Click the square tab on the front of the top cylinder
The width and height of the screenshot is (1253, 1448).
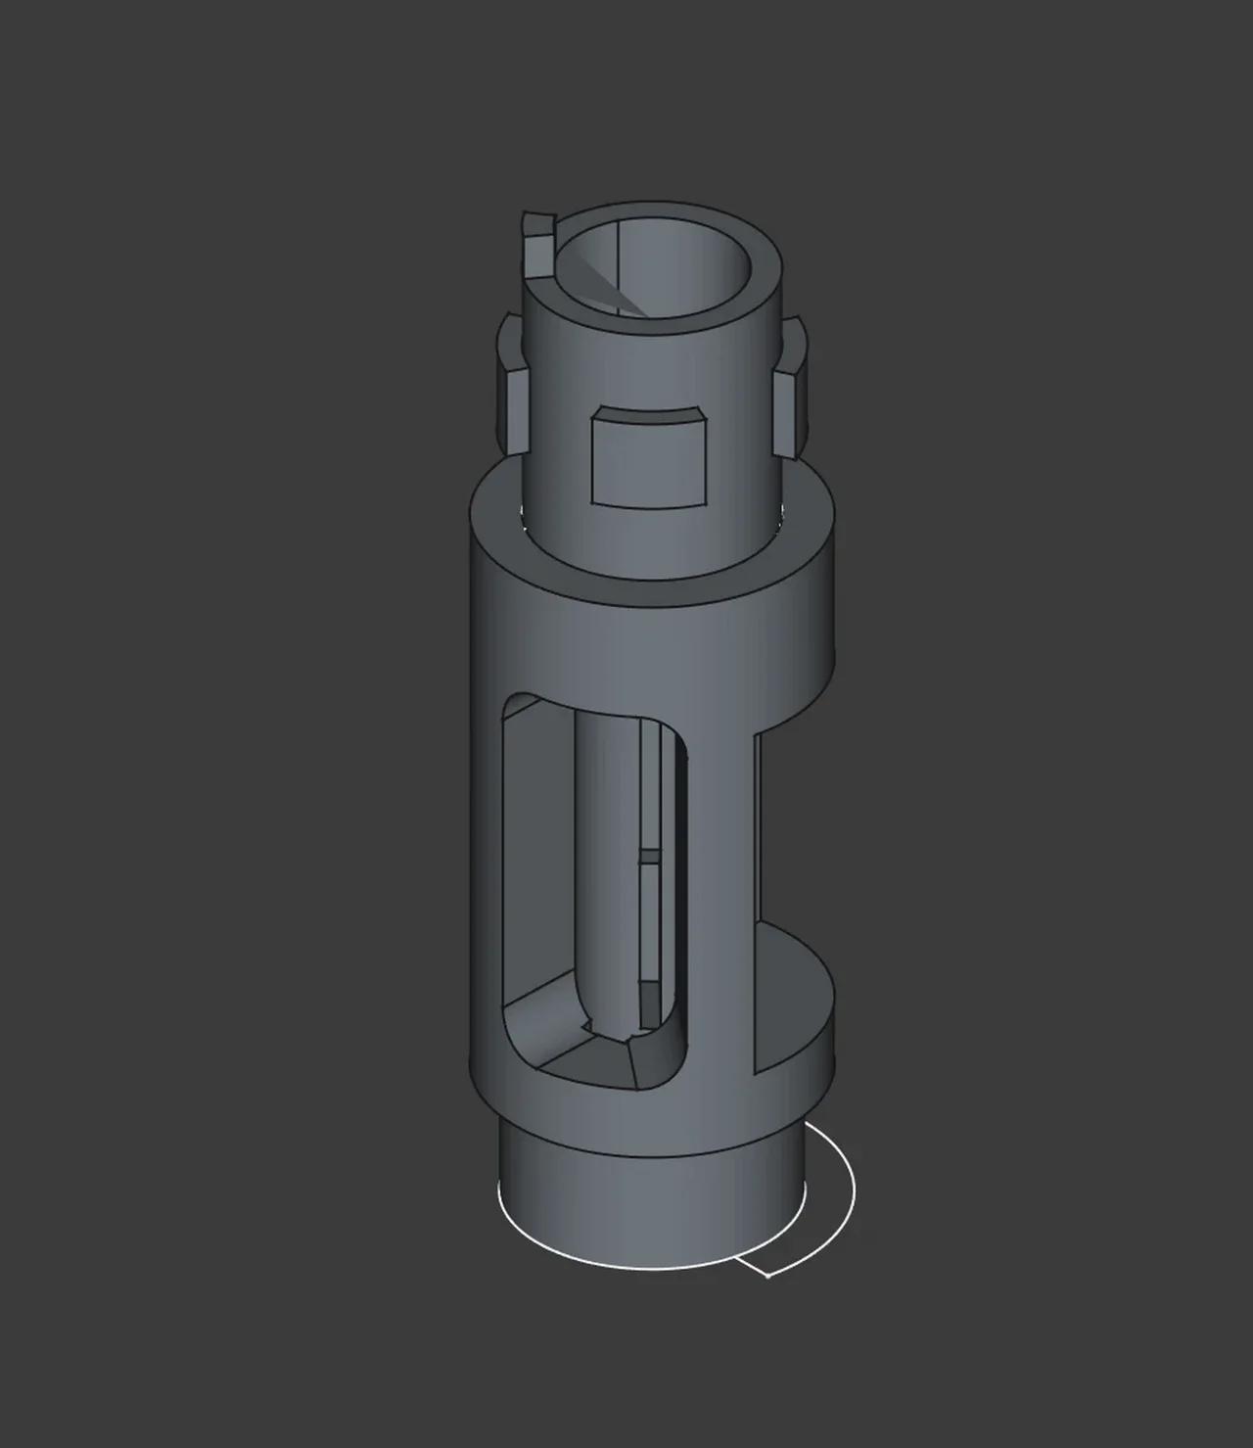[649, 461]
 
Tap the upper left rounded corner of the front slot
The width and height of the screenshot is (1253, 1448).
[519, 710]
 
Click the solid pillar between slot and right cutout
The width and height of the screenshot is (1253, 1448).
[721, 881]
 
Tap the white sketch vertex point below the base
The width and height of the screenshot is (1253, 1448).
[767, 1276]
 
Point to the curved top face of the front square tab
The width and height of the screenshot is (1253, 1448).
[649, 418]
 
